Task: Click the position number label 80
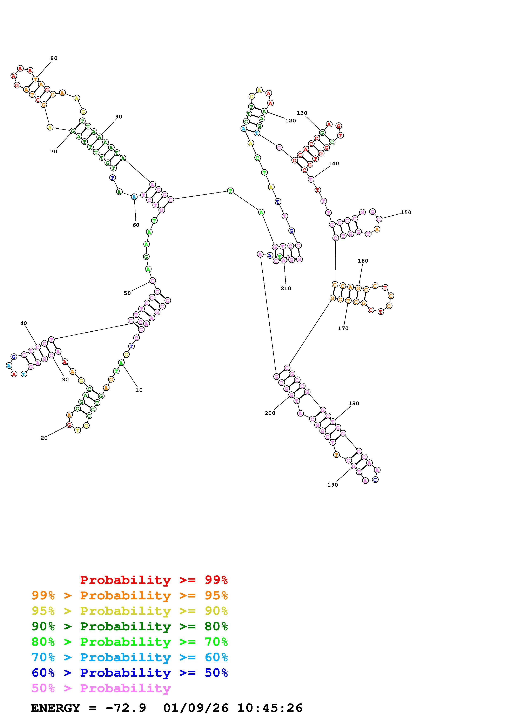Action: [x=54, y=58]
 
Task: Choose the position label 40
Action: [x=23, y=323]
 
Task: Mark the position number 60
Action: [x=136, y=225]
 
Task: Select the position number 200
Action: [x=270, y=413]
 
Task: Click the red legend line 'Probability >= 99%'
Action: [x=154, y=580]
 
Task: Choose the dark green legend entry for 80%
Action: [x=130, y=626]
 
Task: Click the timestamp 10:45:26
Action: [x=270, y=708]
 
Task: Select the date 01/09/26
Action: [x=196, y=708]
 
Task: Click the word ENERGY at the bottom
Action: [x=55, y=708]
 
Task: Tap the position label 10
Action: [x=139, y=390]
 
